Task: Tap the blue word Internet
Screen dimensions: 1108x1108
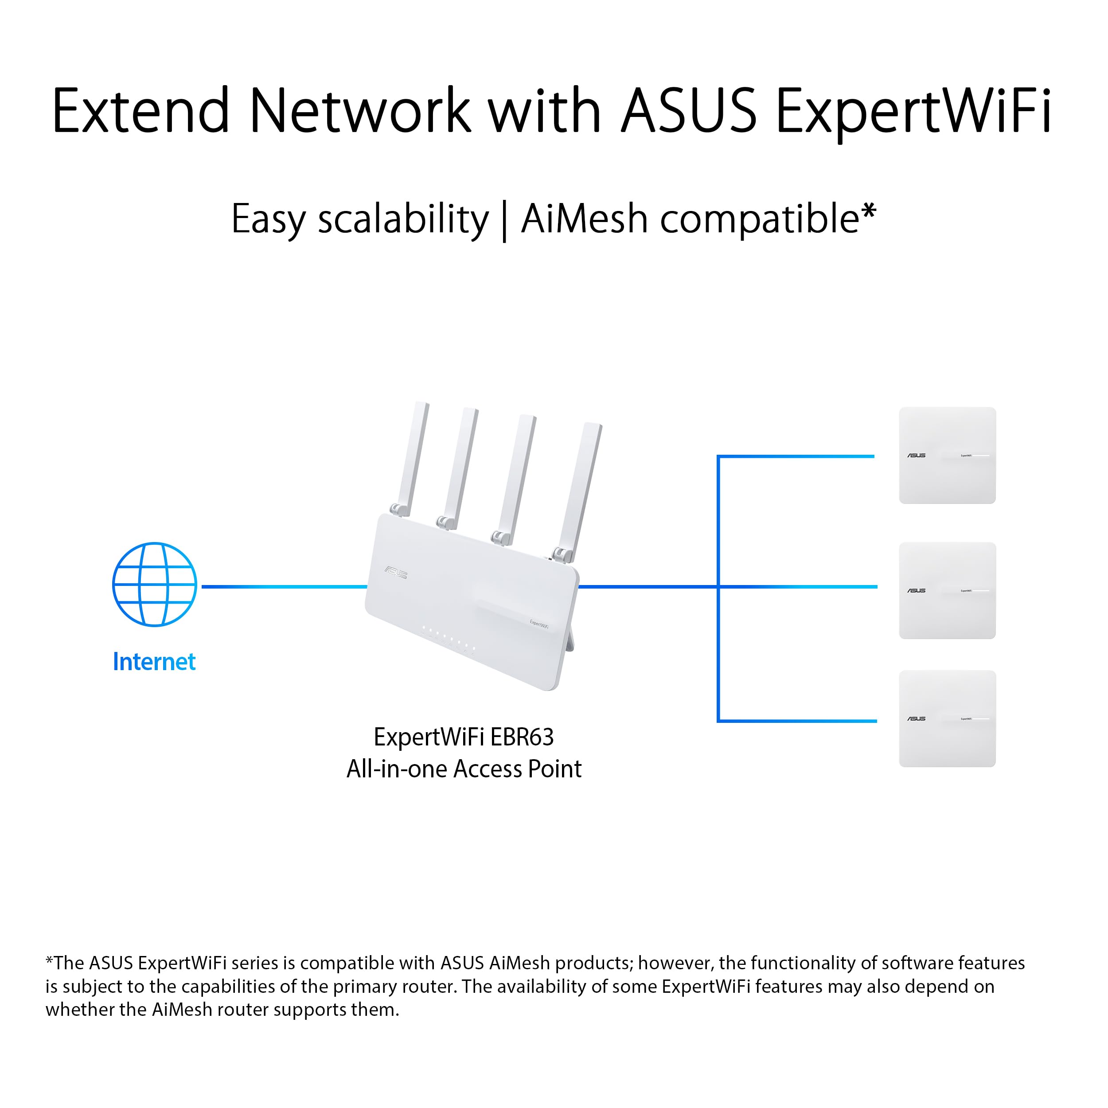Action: tap(154, 662)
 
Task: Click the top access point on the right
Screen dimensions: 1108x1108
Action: tap(947, 455)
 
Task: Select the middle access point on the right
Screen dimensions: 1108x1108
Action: tap(947, 590)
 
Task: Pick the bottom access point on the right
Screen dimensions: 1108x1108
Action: tap(947, 718)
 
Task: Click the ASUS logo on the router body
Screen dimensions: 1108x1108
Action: tap(396, 572)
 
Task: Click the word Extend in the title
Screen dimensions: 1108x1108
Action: tap(140, 111)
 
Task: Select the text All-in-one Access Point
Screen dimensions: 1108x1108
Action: tap(464, 769)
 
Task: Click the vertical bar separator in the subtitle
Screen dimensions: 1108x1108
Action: tap(504, 221)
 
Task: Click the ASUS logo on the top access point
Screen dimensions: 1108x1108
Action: tap(916, 455)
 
